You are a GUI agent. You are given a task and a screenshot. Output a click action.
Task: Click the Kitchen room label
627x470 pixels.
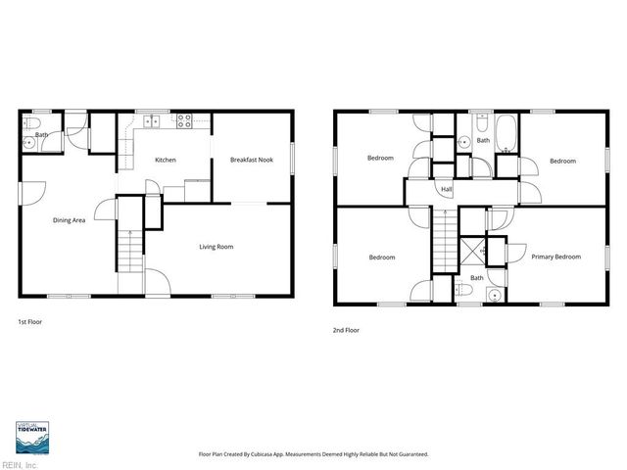click(165, 160)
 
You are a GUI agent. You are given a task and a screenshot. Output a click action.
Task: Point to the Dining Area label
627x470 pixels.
click(69, 220)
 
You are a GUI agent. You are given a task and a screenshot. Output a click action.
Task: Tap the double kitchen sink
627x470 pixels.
click(152, 122)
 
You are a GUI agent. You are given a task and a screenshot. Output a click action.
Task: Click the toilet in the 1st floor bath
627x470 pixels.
click(29, 124)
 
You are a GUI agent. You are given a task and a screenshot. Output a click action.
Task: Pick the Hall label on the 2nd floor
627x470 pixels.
click(447, 189)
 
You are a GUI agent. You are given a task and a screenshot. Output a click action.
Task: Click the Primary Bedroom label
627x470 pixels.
click(555, 258)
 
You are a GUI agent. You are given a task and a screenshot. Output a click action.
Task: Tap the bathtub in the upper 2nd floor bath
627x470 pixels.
click(507, 133)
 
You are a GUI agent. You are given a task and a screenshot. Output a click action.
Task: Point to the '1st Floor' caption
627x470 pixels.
click(30, 321)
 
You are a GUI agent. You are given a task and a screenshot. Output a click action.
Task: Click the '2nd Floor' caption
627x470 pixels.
click(346, 331)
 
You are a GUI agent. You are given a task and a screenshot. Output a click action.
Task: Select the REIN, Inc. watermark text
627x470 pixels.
click(19, 465)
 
